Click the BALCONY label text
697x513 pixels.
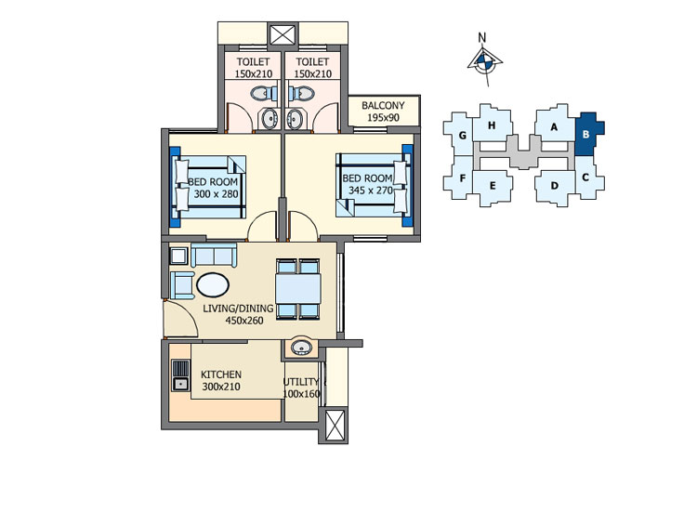(x=383, y=106)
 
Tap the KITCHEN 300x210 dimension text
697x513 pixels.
(x=221, y=387)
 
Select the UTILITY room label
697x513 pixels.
(x=301, y=382)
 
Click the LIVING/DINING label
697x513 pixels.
(x=238, y=309)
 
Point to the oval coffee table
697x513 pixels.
(x=213, y=284)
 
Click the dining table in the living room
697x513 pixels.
(x=298, y=288)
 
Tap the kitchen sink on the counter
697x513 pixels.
(x=180, y=375)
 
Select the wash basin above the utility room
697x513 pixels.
(x=301, y=347)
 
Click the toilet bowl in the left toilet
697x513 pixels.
(x=264, y=93)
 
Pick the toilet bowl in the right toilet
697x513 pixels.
(x=301, y=93)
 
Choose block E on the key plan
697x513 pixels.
(x=492, y=187)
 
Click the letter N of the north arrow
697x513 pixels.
(x=481, y=38)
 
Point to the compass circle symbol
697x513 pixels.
(x=483, y=62)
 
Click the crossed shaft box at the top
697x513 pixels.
(x=283, y=33)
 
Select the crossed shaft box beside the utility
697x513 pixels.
(x=335, y=426)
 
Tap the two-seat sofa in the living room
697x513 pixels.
(x=215, y=256)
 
